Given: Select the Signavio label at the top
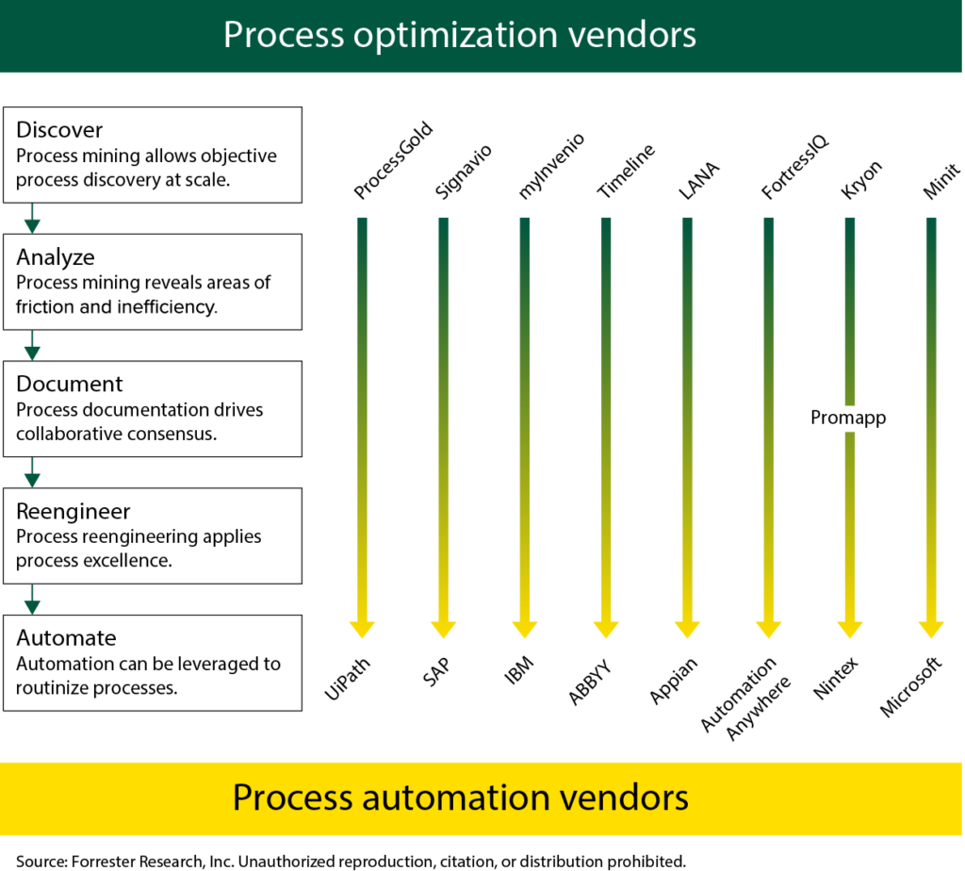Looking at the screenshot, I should pyautogui.click(x=463, y=171).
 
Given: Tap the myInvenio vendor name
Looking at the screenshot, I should pyautogui.click(x=550, y=166).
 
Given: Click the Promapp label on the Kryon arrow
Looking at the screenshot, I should pyautogui.click(x=848, y=417).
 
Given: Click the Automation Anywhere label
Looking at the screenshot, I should pyautogui.click(x=739, y=696).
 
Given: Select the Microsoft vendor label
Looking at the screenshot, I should pyautogui.click(x=911, y=687).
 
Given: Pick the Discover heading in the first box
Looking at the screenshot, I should pyautogui.click(x=59, y=129).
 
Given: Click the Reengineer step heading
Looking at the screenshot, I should pyautogui.click(x=73, y=511).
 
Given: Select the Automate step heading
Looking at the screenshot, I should pyautogui.click(x=66, y=638).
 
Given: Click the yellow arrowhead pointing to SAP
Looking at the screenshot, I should pyautogui.click(x=443, y=628).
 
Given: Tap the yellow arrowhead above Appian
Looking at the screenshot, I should pyautogui.click(x=687, y=628).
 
